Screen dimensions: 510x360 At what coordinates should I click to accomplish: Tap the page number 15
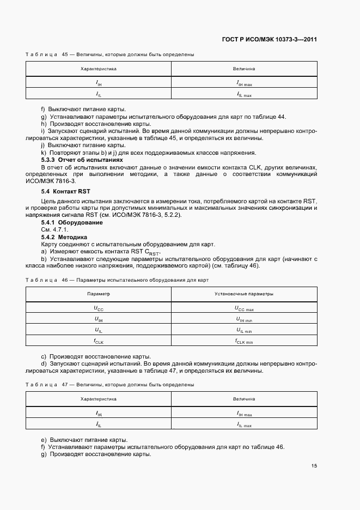pyautogui.click(x=314, y=465)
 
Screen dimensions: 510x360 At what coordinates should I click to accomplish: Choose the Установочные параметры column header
pyautogui.click(x=244, y=294)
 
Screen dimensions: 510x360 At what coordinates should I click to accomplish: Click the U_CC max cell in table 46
pyautogui.click(x=244, y=308)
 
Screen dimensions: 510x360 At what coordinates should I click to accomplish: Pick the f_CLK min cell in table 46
pyautogui.click(x=244, y=341)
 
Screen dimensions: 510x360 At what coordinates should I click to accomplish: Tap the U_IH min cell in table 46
pyautogui.click(x=244, y=319)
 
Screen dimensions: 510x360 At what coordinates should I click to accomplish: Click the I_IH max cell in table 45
pyautogui.click(x=244, y=83)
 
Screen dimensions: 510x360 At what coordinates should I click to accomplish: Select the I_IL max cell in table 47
pyautogui.click(x=244, y=424)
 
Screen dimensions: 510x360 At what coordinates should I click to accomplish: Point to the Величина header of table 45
pyautogui.click(x=244, y=69)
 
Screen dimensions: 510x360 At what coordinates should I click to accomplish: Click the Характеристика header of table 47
pyautogui.click(x=99, y=399)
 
